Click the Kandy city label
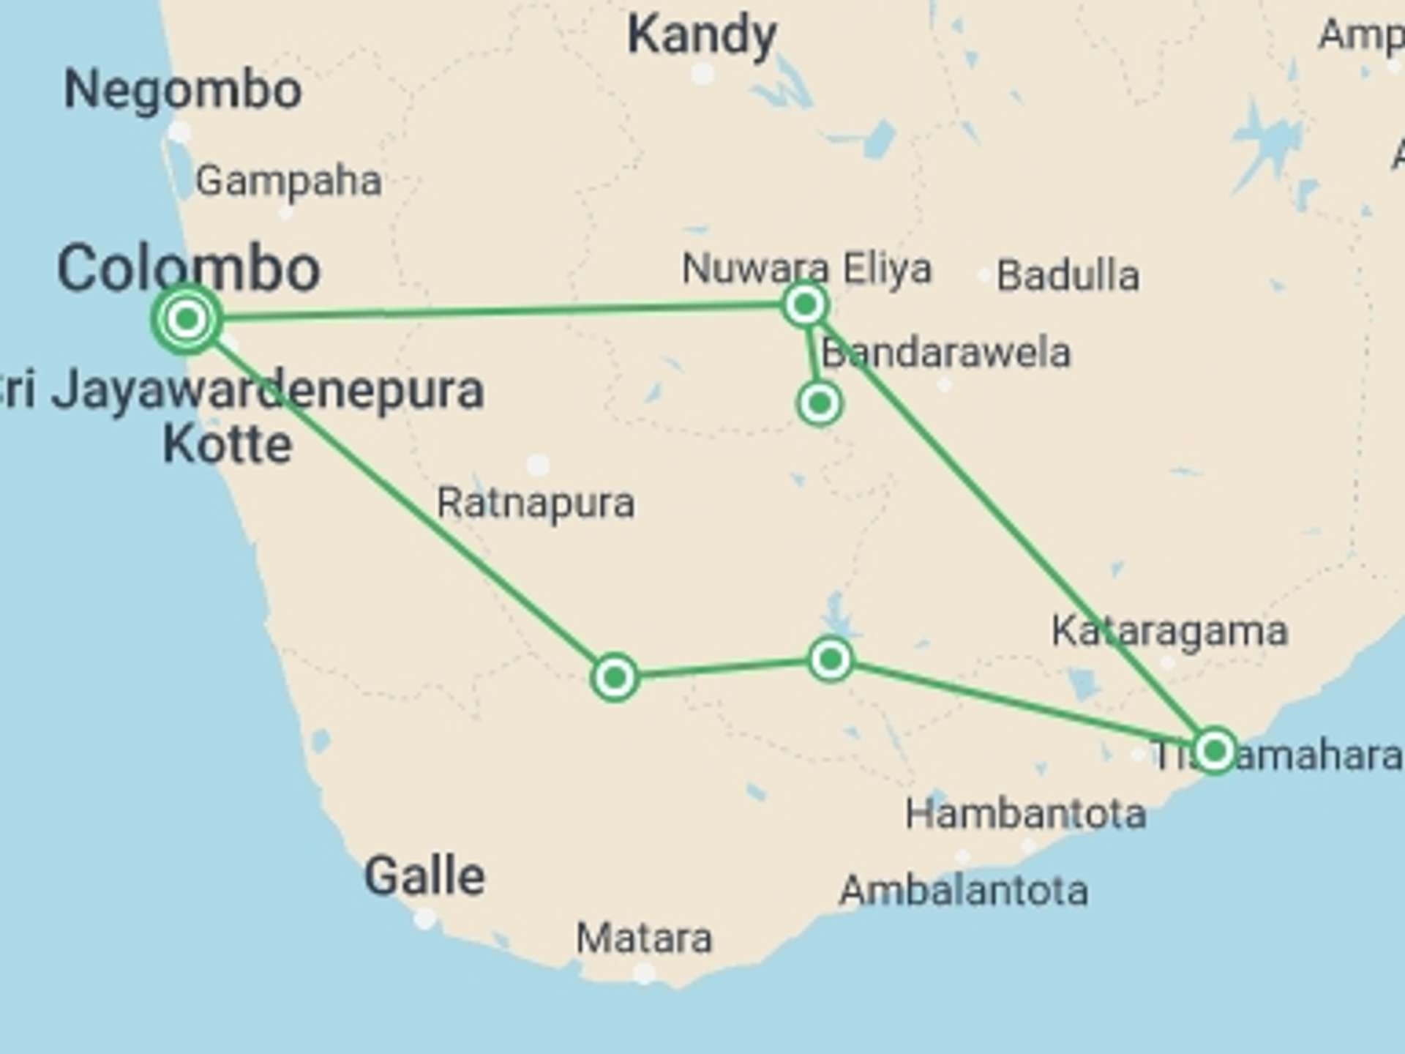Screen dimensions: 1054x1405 (702, 35)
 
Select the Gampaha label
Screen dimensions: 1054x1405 (288, 181)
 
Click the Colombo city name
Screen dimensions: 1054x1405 (189, 269)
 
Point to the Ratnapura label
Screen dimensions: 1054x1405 (536, 504)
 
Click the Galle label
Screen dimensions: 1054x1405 (424, 876)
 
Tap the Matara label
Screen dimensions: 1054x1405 (644, 938)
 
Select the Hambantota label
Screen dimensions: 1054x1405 (1025, 814)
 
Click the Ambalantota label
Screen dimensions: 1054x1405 (964, 891)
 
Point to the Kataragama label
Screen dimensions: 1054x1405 (1169, 631)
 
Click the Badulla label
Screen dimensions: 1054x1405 (1068, 276)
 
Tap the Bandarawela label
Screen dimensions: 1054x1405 (945, 353)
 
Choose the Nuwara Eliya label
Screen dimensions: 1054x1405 (806, 269)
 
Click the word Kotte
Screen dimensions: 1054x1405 (228, 444)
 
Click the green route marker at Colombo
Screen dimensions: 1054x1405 (187, 319)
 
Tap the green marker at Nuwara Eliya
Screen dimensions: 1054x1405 (805, 304)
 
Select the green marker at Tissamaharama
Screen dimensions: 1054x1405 (1215, 750)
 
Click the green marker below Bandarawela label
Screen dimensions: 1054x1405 (820, 403)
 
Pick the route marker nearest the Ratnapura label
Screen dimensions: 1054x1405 (615, 678)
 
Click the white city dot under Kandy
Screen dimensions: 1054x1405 (702, 73)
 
